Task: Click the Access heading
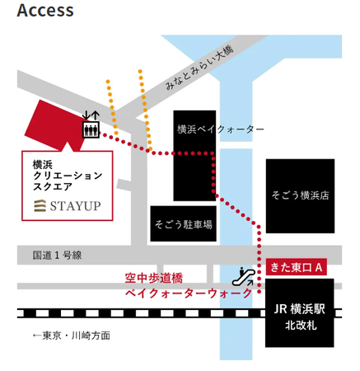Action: tap(45, 11)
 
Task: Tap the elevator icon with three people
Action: tap(91, 129)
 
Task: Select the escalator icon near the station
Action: tap(244, 277)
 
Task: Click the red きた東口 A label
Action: tap(297, 267)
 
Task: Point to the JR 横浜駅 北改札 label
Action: tap(300, 317)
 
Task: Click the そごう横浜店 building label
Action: tap(300, 195)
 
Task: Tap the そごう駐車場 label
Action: tap(184, 224)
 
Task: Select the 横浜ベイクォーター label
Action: tap(221, 129)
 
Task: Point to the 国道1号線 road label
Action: tap(57, 256)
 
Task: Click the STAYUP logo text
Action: tap(75, 206)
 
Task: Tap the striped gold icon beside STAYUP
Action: tap(40, 206)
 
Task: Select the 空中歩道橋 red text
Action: tap(154, 278)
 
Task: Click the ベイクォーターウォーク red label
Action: tap(189, 293)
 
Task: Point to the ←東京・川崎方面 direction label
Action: tap(72, 336)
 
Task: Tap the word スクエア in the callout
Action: tap(53, 187)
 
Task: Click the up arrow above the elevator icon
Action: tap(96, 115)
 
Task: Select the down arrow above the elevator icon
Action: tap(86, 115)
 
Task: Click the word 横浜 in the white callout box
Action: tap(43, 165)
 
